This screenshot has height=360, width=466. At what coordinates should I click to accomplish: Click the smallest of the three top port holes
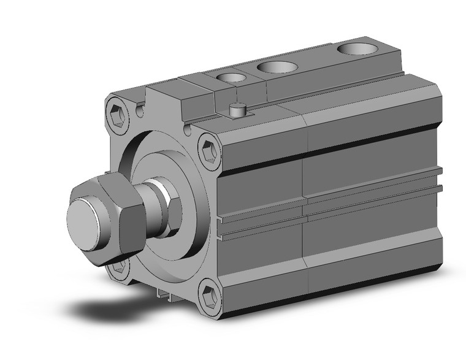[x=231, y=78]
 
